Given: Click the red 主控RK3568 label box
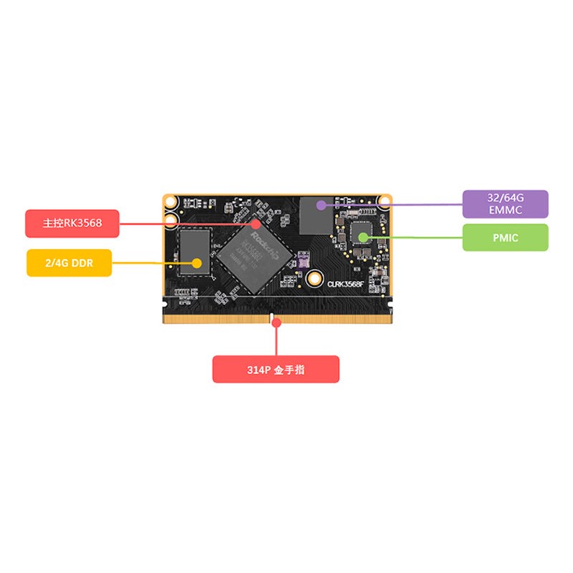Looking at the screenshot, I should (x=72, y=223).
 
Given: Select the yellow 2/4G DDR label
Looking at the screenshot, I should (x=69, y=263).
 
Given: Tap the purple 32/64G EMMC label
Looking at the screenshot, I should (x=505, y=204).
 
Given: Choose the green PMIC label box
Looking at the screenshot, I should (x=505, y=237).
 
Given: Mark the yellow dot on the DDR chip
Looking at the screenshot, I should (x=196, y=263).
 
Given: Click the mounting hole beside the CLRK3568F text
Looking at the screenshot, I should (x=314, y=278).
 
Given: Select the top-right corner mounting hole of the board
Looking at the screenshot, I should (x=385, y=201).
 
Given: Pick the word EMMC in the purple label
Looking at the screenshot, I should (x=505, y=211).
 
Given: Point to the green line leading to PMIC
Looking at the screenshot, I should (x=415, y=236).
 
